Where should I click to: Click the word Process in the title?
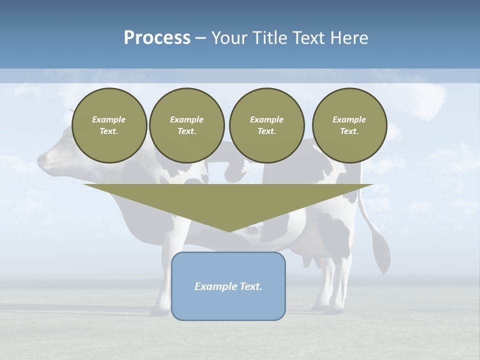click(x=157, y=37)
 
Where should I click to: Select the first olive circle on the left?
click(x=109, y=125)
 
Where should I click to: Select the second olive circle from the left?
click(x=186, y=125)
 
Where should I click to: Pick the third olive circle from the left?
click(x=266, y=125)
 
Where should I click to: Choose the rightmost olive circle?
click(x=349, y=125)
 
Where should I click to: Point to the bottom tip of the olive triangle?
click(x=229, y=231)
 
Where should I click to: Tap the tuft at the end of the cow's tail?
click(x=383, y=255)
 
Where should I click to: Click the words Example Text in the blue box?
click(x=228, y=286)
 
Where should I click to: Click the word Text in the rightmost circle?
click(x=349, y=131)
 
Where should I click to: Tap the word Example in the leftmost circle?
click(x=109, y=119)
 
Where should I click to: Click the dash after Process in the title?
click(x=200, y=38)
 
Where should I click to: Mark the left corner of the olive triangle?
click(x=84, y=184)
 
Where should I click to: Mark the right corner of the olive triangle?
click(x=372, y=184)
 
